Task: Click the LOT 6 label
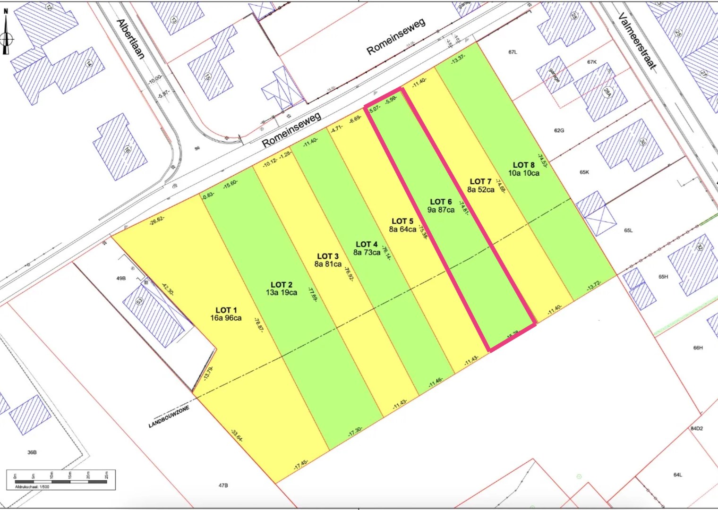pos(441,202)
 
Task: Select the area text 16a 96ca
pos(226,318)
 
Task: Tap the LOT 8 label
pos(523,165)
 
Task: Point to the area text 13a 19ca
pos(282,293)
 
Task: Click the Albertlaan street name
pos(130,39)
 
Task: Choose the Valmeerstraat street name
pos(637,42)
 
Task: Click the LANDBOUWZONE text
pos(169,417)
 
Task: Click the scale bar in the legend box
pos(60,481)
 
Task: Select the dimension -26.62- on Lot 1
pos(157,220)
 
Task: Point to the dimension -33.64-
pos(237,435)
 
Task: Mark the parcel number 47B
pos(223,485)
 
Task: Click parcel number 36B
pos(32,452)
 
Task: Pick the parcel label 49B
pos(121,279)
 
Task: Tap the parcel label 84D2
pos(696,429)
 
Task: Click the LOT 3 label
pos(327,256)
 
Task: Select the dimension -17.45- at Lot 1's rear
pos(301,464)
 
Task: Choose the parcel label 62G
pos(559,130)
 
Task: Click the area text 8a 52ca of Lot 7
pos(480,190)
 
